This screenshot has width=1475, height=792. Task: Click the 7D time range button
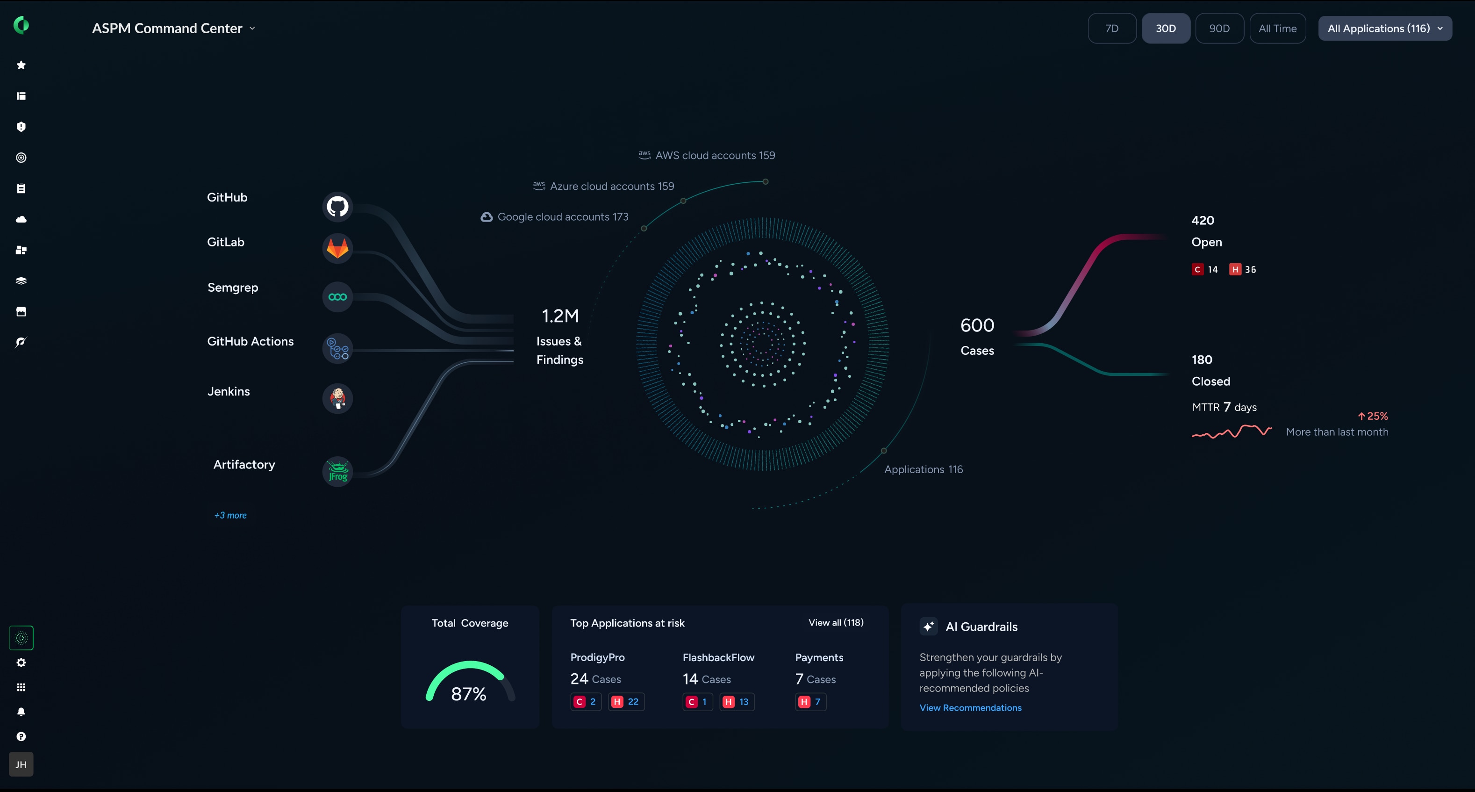coord(1111,28)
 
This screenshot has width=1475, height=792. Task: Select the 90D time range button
coord(1219,28)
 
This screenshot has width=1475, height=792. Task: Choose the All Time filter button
coord(1277,28)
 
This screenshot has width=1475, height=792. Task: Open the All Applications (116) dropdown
coord(1384,28)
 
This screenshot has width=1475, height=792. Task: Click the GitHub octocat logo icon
coord(337,206)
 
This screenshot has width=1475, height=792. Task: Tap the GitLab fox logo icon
coord(337,248)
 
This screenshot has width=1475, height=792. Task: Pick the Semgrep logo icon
coord(337,296)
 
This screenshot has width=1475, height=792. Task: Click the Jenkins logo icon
coord(337,398)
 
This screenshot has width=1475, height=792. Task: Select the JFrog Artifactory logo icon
coord(337,471)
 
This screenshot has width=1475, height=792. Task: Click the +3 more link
coord(230,515)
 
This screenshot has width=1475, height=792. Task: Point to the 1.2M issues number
coord(560,316)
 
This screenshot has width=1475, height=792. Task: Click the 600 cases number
coord(977,325)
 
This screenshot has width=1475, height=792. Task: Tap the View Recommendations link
coord(970,707)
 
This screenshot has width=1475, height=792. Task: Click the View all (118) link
coord(836,622)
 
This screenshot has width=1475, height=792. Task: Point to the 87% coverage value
coord(468,693)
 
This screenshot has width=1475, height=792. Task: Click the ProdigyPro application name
coord(597,657)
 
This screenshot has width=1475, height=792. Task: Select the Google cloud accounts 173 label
coord(562,216)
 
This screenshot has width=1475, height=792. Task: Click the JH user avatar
coord(21,764)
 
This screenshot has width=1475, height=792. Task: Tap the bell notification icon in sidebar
coord(21,712)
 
